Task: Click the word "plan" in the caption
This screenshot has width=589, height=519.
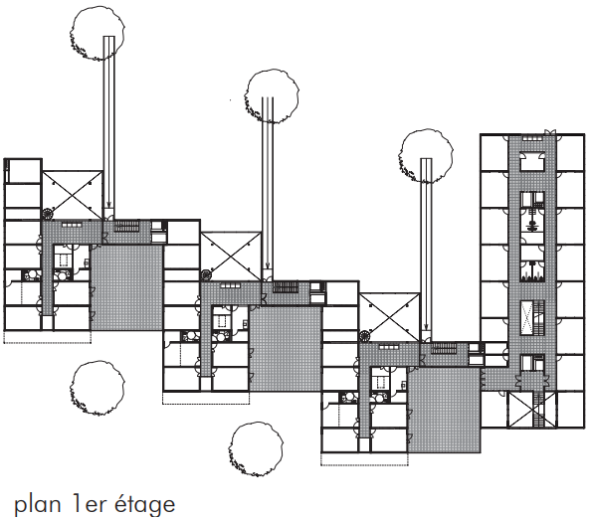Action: tap(38, 505)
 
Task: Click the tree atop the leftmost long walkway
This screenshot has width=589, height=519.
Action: tap(97, 33)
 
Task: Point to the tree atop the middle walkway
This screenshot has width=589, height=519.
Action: tap(272, 96)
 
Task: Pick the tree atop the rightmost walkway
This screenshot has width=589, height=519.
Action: tap(426, 156)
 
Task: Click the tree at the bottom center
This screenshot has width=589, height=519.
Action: tap(256, 449)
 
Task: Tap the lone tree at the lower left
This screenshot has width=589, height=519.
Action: tap(98, 388)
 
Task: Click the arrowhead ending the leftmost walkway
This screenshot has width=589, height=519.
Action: tap(108, 205)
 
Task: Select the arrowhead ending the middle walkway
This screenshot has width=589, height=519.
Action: tap(267, 266)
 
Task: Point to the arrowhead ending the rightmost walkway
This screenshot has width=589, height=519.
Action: tap(426, 327)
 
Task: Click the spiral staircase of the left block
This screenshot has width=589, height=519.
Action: tap(48, 214)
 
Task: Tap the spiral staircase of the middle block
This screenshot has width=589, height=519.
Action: tap(206, 275)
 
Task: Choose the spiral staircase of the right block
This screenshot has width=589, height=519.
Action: tap(365, 337)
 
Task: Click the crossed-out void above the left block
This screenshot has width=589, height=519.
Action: tap(72, 195)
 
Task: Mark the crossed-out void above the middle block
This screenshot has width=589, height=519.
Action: tap(231, 257)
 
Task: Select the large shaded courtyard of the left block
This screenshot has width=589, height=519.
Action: tap(127, 287)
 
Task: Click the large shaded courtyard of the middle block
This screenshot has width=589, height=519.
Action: tap(287, 348)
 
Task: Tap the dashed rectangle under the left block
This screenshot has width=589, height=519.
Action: tap(48, 337)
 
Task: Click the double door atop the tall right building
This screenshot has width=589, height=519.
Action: tap(550, 132)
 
